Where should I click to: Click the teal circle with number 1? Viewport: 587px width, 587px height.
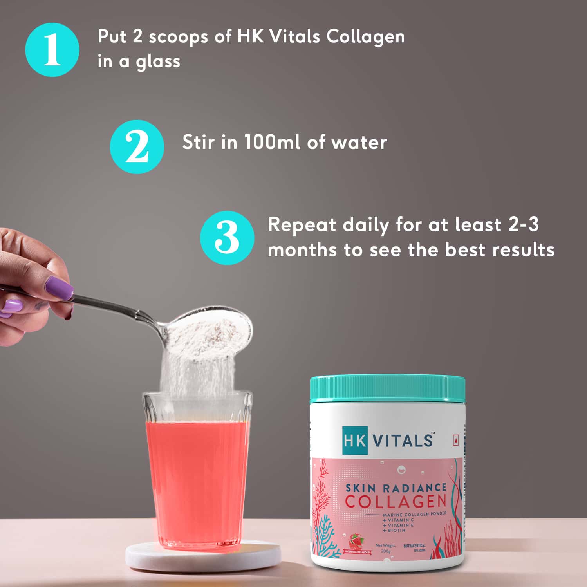coord(52,50)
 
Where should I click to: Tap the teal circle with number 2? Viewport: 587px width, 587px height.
coord(137,147)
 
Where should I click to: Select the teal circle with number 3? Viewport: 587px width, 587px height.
coord(227,238)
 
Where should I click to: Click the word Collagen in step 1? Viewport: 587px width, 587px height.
coord(365,37)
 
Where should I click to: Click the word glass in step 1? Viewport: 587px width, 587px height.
coord(158,62)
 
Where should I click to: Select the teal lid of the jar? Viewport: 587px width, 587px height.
coord(387,389)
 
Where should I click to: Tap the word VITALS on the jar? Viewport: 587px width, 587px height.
coord(403,441)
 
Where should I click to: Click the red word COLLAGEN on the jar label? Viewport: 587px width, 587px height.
coord(396,501)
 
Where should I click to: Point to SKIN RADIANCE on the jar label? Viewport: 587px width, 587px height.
coord(396,488)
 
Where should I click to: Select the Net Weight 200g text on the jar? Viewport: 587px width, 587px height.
coord(386,548)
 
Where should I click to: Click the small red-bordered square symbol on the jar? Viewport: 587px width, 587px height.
coord(455,441)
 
